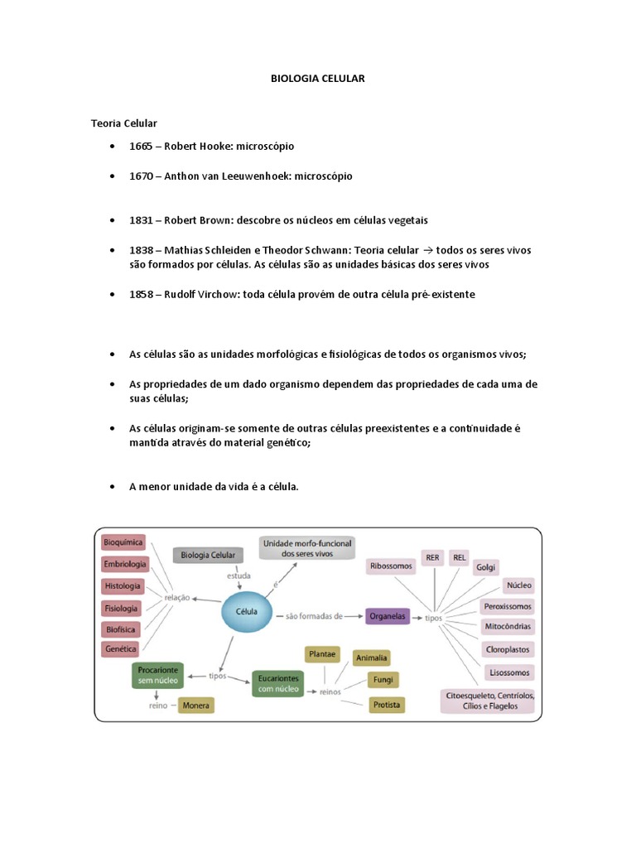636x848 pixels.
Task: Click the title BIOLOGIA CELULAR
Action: coord(318,78)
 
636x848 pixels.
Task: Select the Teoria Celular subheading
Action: coord(123,123)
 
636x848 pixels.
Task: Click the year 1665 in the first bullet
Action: coord(141,146)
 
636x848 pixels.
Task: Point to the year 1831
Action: coord(141,220)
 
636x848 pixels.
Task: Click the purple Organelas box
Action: coord(387,616)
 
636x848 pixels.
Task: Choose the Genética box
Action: coord(121,649)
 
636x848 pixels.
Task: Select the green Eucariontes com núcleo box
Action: coord(277,682)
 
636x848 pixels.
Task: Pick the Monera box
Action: coord(195,706)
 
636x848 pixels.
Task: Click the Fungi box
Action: coord(384,680)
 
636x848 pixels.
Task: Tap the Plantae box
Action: coord(322,654)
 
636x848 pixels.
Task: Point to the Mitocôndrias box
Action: coord(508,626)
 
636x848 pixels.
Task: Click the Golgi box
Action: coord(485,568)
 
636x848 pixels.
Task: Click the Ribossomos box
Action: coord(391,566)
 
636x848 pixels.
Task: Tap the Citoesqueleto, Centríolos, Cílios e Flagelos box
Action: coord(489,701)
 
